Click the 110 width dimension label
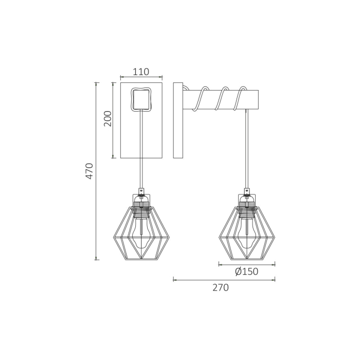click(141, 72)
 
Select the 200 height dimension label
click(107, 119)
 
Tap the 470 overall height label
click(89, 171)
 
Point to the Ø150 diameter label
click(246, 272)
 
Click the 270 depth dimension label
click(221, 288)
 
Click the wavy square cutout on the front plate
click(141, 99)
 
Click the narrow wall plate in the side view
click(178, 120)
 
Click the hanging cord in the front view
click(141, 149)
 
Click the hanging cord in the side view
click(247, 149)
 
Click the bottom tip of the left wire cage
click(141, 259)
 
